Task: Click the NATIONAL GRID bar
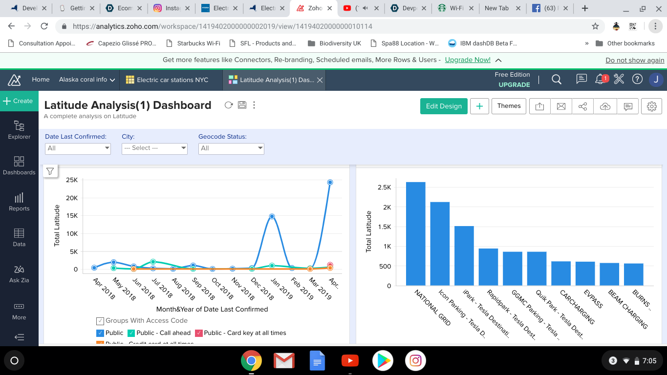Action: tap(415, 234)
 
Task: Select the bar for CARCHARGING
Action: tap(561, 273)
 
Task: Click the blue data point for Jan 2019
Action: tap(272, 216)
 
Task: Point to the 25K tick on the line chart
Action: tap(72, 180)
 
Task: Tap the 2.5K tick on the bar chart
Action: tap(384, 187)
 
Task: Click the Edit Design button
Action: tap(444, 106)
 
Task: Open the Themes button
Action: tap(509, 106)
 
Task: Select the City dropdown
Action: tap(154, 148)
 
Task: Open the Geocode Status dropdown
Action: tap(231, 148)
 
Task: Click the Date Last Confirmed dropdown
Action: tap(78, 148)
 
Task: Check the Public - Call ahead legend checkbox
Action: tap(131, 333)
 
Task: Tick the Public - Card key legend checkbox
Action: tap(199, 333)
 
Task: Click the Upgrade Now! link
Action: tap(467, 60)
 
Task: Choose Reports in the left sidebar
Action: tap(19, 202)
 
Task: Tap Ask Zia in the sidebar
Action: tap(19, 273)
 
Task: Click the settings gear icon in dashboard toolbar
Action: tap(651, 106)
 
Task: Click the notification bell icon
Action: tap(600, 79)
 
